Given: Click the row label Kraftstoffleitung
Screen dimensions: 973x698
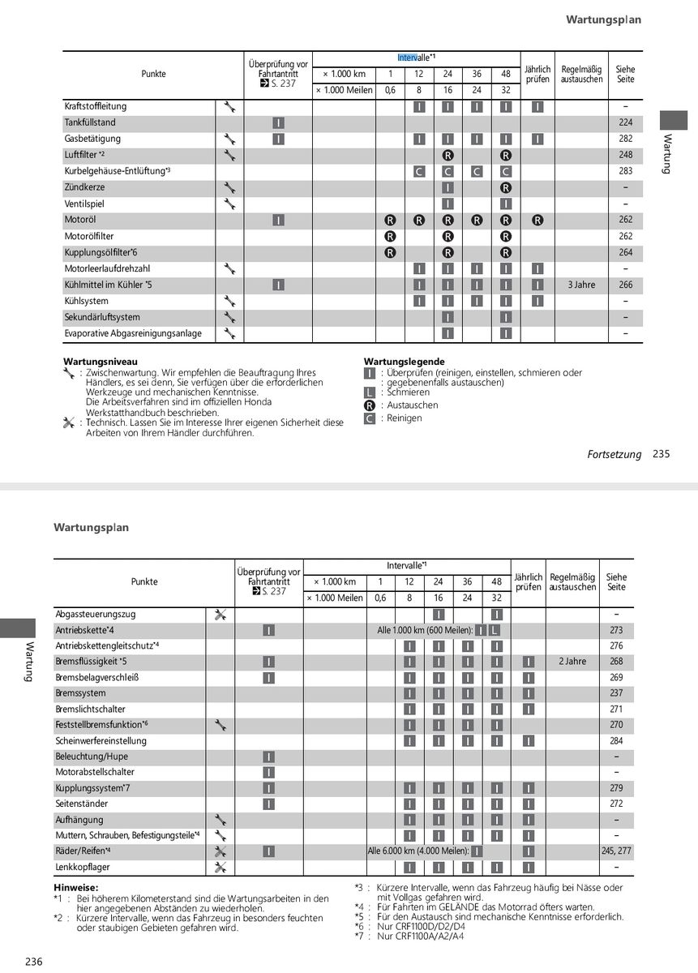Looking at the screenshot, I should point(96,106).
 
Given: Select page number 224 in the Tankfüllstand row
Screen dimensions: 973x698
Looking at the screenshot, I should point(625,122).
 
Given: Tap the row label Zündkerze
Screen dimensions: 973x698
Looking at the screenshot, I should point(84,187).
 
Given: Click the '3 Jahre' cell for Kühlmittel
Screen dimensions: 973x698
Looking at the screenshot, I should point(581,285).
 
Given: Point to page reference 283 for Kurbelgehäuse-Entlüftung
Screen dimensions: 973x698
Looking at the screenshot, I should point(625,171).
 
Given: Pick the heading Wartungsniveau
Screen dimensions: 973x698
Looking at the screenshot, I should point(101,362).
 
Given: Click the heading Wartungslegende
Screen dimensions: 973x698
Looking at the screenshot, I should point(405,362).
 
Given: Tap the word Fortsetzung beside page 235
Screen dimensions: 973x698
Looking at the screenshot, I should point(614,455).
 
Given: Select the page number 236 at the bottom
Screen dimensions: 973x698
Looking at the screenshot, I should point(33,962).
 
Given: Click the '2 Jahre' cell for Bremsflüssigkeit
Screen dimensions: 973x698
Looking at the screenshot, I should point(572,662).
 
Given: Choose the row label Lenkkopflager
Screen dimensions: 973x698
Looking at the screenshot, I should point(83,867).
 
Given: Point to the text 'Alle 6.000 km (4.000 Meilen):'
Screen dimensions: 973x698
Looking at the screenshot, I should point(418,851).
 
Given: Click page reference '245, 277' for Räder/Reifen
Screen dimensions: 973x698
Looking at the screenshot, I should point(617,851).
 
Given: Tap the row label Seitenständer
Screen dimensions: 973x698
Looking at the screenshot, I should point(81,804).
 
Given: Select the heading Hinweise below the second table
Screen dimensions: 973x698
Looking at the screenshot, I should point(75,888).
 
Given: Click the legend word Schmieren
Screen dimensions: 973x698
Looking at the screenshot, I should point(409,392).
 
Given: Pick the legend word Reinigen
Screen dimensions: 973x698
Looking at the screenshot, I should point(405,418).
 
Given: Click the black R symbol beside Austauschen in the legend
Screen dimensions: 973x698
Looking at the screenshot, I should point(370,405).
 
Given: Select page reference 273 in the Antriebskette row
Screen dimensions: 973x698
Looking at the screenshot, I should point(616,630).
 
